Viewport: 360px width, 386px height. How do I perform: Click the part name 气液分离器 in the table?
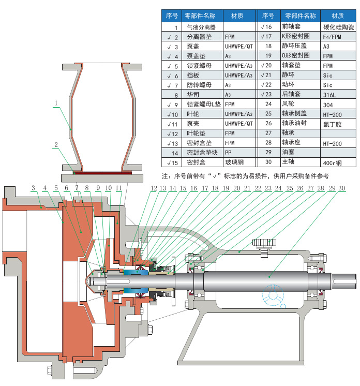click(201, 27)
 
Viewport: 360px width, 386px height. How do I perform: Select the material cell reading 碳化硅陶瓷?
click(339, 27)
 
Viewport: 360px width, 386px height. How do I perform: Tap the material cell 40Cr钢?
click(332, 162)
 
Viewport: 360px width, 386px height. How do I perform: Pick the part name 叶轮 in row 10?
click(193, 114)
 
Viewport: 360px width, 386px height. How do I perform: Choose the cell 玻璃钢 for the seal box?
click(234, 162)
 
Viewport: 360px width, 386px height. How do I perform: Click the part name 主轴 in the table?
click(288, 161)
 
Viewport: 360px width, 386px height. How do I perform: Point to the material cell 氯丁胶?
click(332, 124)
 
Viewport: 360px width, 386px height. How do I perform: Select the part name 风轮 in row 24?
click(288, 103)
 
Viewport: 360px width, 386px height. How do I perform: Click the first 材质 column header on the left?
click(237, 16)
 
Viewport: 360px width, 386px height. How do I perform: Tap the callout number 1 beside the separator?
click(56, 103)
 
